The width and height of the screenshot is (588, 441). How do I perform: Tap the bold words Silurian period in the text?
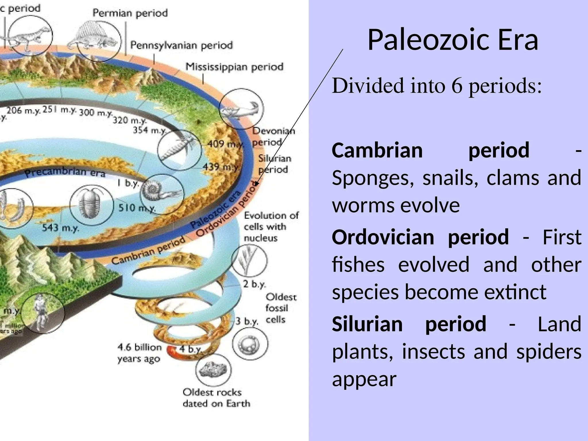tap(409, 324)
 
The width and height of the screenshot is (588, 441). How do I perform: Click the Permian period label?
tap(130, 13)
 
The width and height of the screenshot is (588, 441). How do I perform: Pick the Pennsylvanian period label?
tap(181, 45)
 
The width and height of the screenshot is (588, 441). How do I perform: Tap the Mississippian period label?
tap(234, 67)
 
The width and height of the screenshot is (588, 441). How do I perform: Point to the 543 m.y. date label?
tap(60, 228)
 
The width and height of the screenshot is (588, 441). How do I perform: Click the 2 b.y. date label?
tap(254, 284)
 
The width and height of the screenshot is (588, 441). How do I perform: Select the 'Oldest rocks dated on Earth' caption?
tap(216, 398)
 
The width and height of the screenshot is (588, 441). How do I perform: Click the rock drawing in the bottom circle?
tap(213, 370)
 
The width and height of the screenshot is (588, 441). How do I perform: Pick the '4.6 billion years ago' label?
tap(139, 353)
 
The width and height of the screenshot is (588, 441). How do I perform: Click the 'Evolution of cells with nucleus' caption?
tap(271, 227)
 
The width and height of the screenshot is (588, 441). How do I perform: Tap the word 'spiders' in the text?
tap(549, 352)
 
